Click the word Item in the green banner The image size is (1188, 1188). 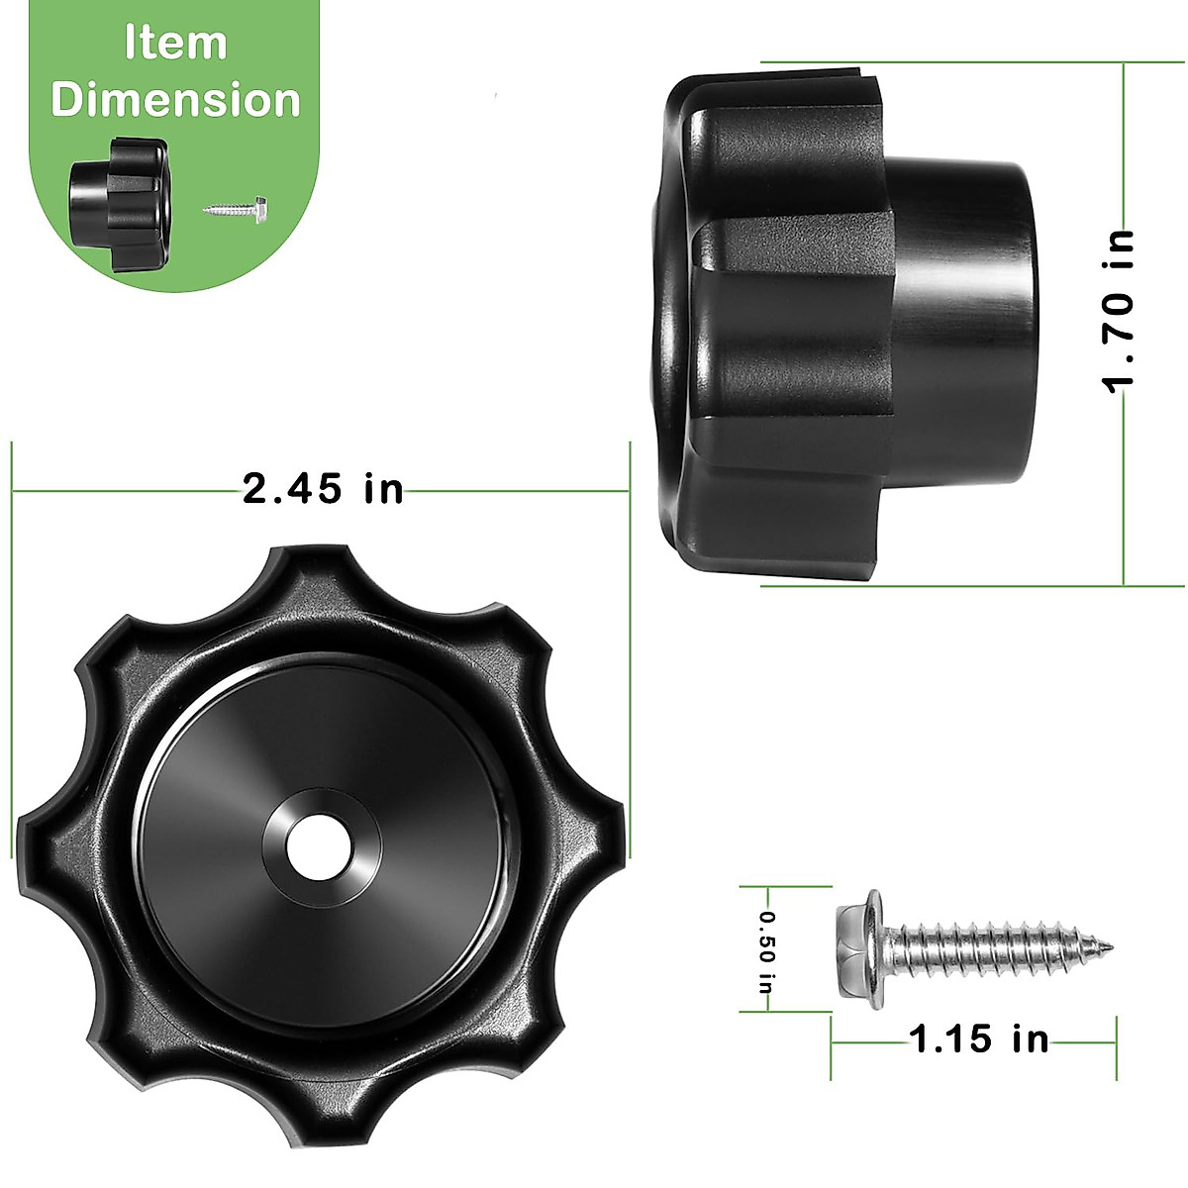175,44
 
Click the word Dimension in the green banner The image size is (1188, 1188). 175,101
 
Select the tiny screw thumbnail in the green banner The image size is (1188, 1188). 237,209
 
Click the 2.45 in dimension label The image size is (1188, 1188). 324,488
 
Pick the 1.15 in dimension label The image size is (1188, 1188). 978,1039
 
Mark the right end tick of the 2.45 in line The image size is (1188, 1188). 630,489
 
